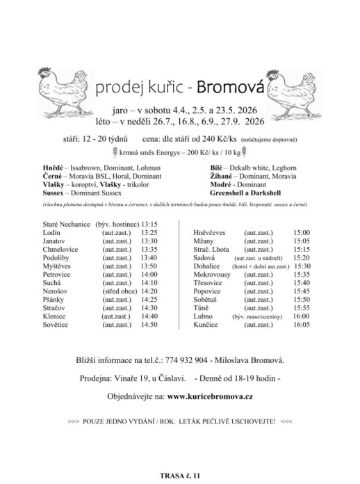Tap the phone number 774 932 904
[x=188, y=361]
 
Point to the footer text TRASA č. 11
[x=179, y=475]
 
